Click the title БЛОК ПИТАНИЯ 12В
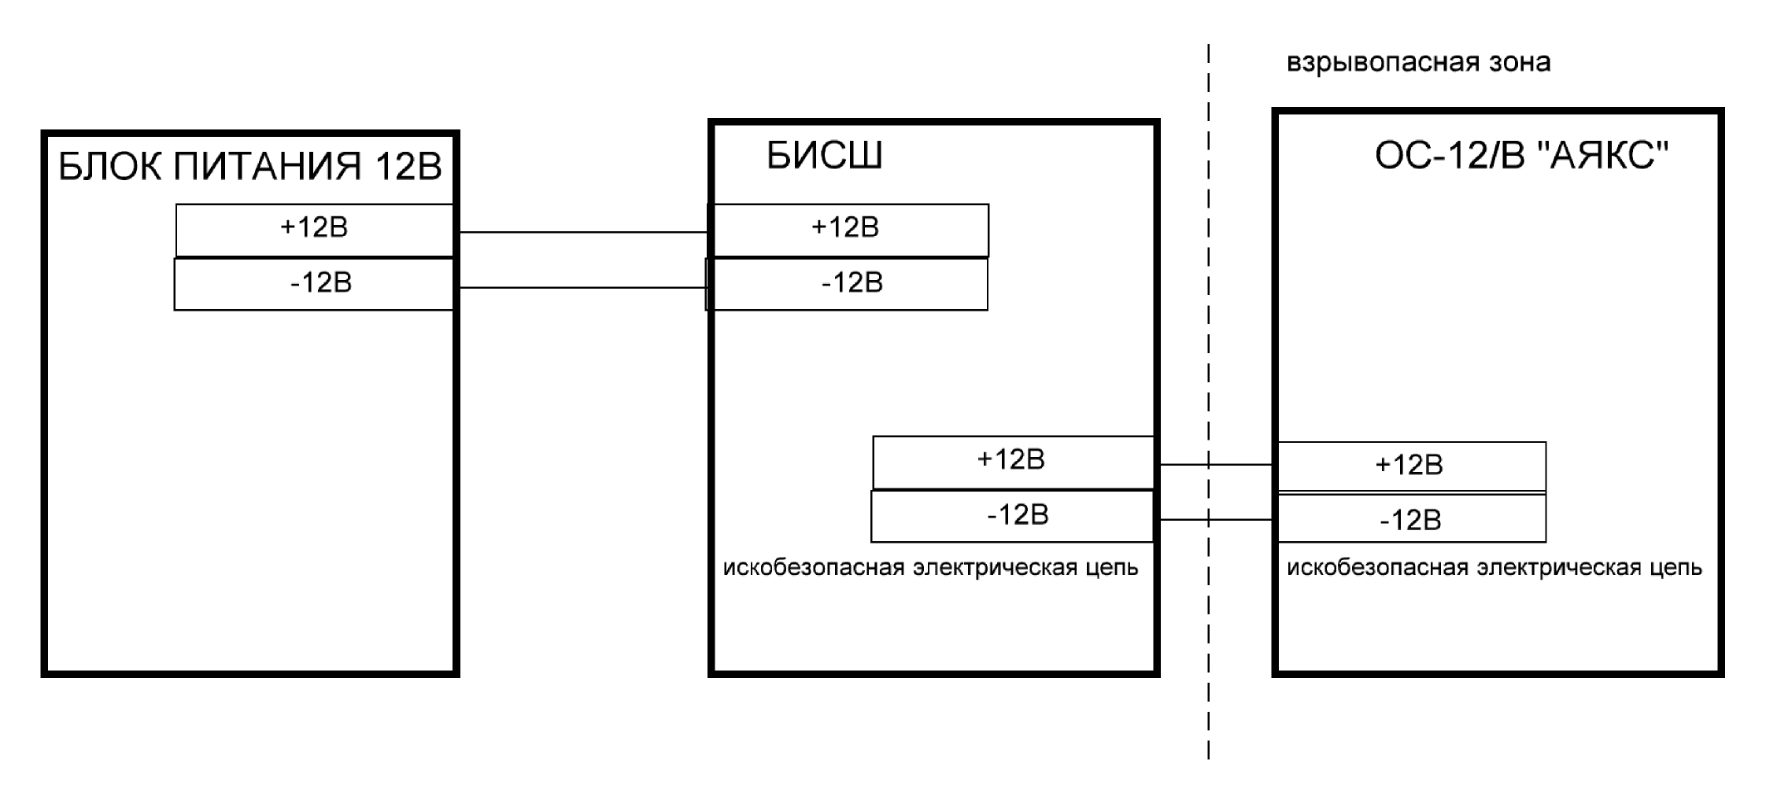pyautogui.click(x=250, y=168)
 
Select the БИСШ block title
pyautogui.click(x=824, y=157)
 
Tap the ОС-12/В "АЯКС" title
pyautogui.click(x=1521, y=157)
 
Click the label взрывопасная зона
pyautogui.click(x=1418, y=63)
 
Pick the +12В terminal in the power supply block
pyautogui.click(x=314, y=229)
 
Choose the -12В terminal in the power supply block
pyautogui.click(x=314, y=284)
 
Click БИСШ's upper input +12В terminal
pyautogui.click(x=847, y=229)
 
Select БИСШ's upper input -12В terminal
pyautogui.click(x=847, y=284)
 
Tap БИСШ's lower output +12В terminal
pyautogui.click(x=1012, y=462)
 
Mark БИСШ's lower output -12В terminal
pyautogui.click(x=1012, y=516)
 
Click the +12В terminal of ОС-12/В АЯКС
pyautogui.click(x=1411, y=466)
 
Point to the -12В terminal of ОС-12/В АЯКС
pyautogui.click(x=1411, y=519)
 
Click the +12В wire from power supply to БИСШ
pyautogui.click(x=582, y=232)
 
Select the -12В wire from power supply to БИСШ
pyautogui.click(x=582, y=288)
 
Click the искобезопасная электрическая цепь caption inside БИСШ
pyautogui.click(x=930, y=568)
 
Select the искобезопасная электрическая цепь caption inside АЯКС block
pyautogui.click(x=1494, y=568)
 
